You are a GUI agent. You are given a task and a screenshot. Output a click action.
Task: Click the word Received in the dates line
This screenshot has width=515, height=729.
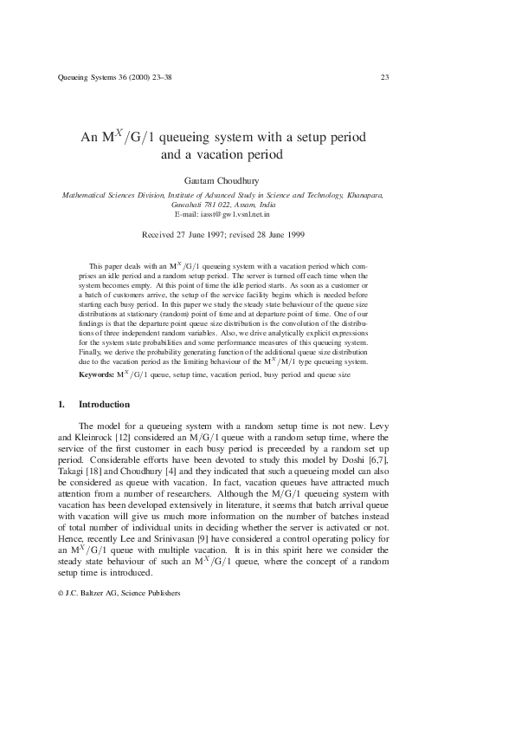pyautogui.click(x=158, y=234)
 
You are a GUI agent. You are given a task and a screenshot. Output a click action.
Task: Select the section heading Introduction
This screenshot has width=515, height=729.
pyautogui.click(x=104, y=405)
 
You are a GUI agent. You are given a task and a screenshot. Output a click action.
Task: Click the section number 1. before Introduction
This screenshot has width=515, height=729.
pyautogui.click(x=61, y=405)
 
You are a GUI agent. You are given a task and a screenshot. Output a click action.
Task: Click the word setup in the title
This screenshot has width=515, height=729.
pyautogui.click(x=311, y=138)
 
